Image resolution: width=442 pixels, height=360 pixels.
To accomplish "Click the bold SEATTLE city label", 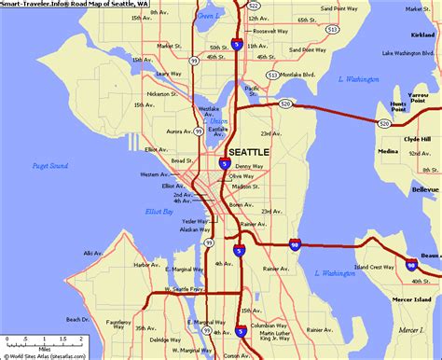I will [249, 151].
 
